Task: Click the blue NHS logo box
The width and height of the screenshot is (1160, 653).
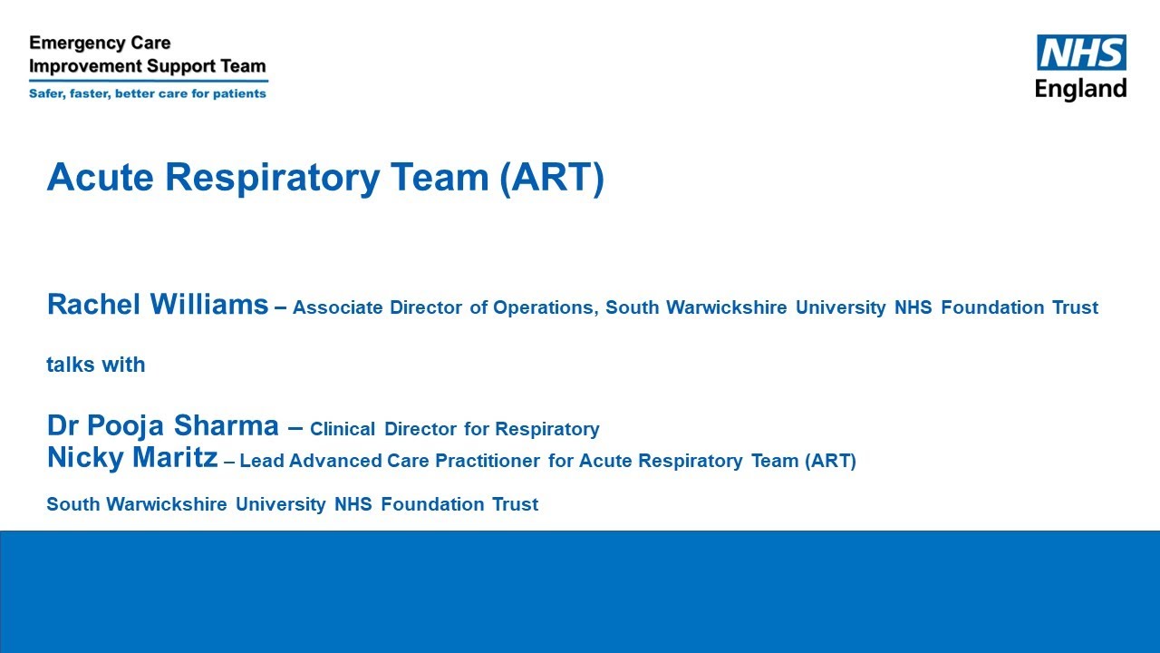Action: coord(1081,53)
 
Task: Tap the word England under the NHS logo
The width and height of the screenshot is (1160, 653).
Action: coord(1080,89)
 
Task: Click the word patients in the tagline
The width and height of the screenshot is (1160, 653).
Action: coord(239,93)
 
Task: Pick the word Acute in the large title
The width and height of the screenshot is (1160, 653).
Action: coord(99,177)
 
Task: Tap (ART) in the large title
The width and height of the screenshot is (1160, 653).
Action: coord(551,177)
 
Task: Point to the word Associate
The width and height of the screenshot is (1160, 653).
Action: coord(337,307)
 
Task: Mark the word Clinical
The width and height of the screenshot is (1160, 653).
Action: coord(343,429)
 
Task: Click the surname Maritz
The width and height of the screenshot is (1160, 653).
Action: coord(176,458)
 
